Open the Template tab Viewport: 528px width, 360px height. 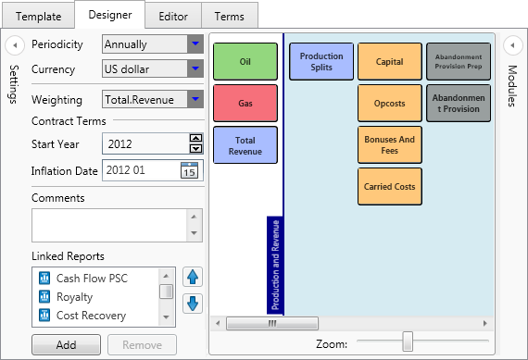pos(38,17)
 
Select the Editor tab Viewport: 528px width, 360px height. pos(172,17)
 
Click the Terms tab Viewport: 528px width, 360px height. pos(229,17)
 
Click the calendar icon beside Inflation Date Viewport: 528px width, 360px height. pos(189,169)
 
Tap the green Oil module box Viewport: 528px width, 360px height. pos(245,61)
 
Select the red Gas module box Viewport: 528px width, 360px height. pos(245,103)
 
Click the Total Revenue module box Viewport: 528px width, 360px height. pos(245,145)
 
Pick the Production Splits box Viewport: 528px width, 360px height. pos(321,61)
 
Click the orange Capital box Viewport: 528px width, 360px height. pos(389,61)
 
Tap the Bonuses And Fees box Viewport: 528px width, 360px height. pos(389,144)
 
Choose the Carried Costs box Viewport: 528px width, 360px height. pos(389,186)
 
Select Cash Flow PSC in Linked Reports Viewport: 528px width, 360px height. pos(91,277)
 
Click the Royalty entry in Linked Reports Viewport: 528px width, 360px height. pos(74,296)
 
